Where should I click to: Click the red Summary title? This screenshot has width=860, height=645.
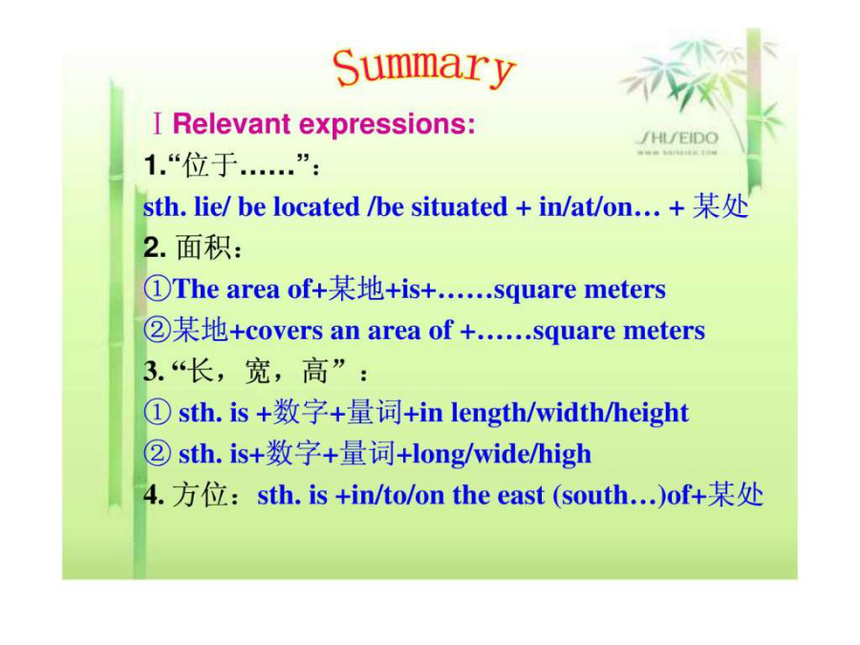pyautogui.click(x=423, y=68)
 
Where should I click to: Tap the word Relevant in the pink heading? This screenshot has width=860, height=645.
pyautogui.click(x=231, y=123)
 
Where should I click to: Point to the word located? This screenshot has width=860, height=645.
pyautogui.click(x=316, y=207)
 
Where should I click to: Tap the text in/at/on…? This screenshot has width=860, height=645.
pyautogui.click(x=599, y=207)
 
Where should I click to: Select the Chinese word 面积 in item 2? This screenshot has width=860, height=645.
pyautogui.click(x=204, y=247)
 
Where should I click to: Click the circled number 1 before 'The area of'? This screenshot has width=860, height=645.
pyautogui.click(x=158, y=289)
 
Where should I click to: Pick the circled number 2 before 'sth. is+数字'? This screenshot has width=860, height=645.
pyautogui.click(x=158, y=454)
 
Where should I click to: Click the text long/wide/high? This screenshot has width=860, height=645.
pyautogui.click(x=502, y=454)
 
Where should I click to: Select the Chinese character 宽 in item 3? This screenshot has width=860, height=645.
pyautogui.click(x=257, y=372)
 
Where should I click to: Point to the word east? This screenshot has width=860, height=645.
pyautogui.click(x=521, y=495)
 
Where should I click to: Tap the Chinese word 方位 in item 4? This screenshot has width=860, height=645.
pyautogui.click(x=200, y=495)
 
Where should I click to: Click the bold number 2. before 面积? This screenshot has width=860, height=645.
pyautogui.click(x=155, y=247)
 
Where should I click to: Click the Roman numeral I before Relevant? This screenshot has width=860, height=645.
pyautogui.click(x=158, y=123)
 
